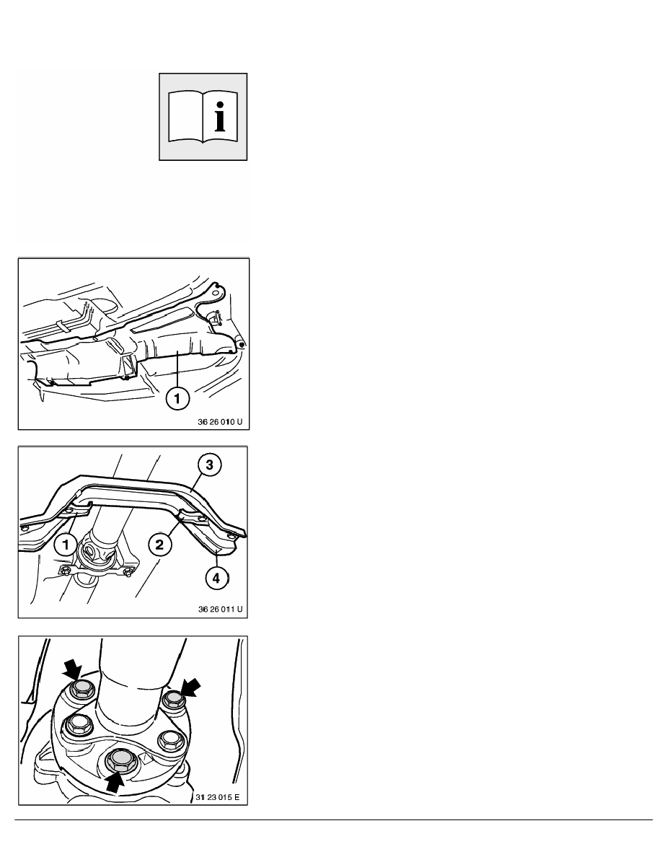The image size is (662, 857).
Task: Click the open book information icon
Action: click(203, 116)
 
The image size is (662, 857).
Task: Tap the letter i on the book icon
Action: click(220, 116)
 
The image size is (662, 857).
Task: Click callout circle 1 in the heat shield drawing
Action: click(177, 398)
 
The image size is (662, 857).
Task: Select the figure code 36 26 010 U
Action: click(219, 422)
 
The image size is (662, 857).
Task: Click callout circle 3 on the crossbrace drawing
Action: click(209, 465)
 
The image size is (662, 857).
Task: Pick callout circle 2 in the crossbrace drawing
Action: click(159, 545)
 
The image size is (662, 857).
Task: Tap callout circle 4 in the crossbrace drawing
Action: click(217, 578)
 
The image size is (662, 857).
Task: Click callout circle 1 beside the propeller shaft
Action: click(66, 545)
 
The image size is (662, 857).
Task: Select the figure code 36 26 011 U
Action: click(220, 609)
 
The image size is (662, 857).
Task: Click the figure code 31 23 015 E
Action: click(217, 797)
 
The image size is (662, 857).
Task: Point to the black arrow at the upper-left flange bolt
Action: click(73, 669)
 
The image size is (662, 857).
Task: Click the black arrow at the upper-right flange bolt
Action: click(190, 687)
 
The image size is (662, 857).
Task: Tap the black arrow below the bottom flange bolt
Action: click(115, 781)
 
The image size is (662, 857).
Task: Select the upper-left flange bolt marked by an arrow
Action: click(82, 689)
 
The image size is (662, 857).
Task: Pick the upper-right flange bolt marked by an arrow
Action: click(175, 699)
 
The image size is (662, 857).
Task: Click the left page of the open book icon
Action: click(186, 116)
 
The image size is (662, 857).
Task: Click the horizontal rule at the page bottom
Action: click(334, 819)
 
